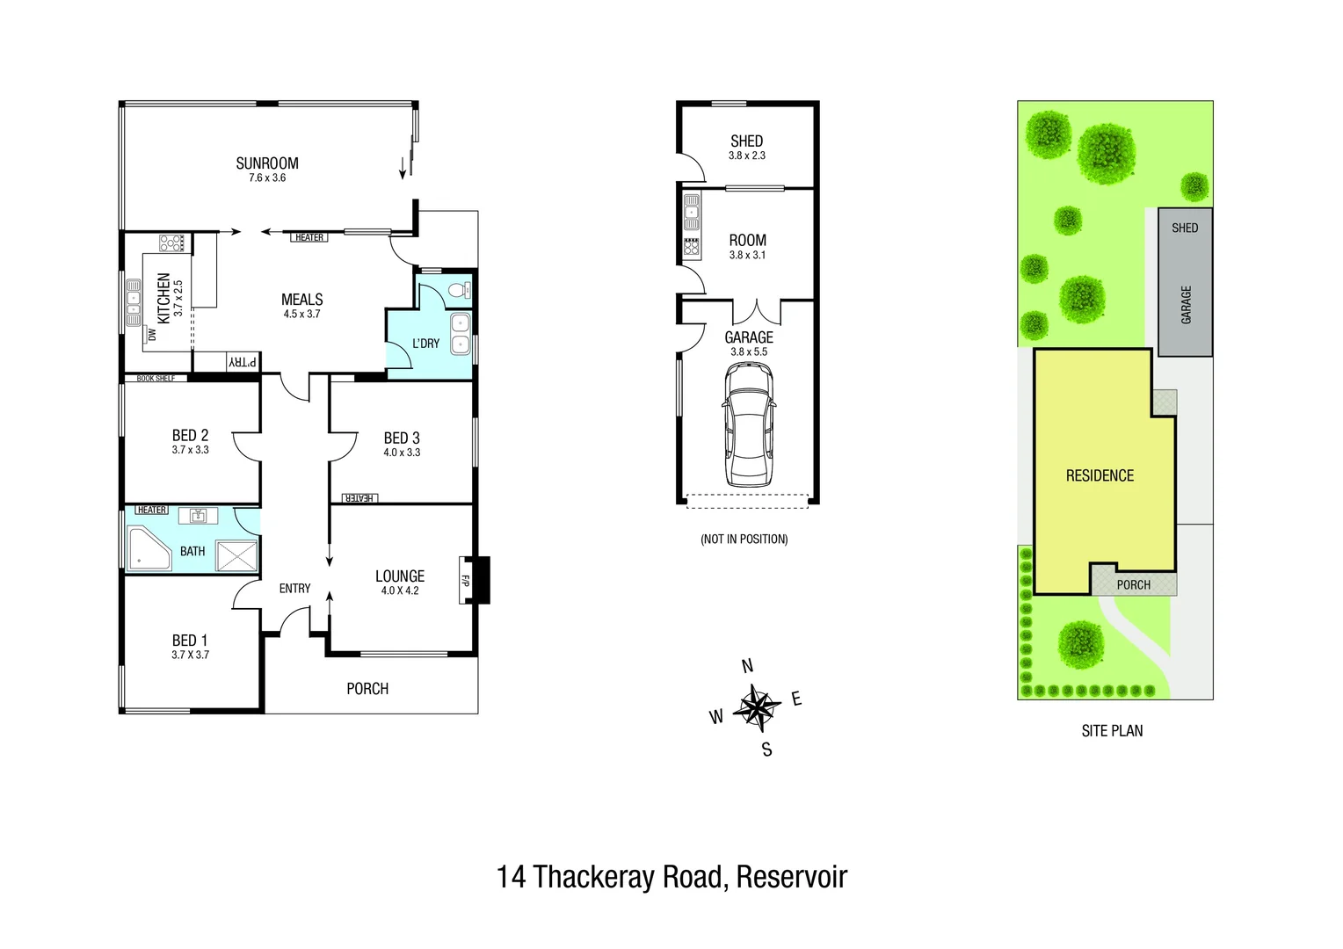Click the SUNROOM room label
point(267,163)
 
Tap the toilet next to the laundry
point(460,291)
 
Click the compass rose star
point(757,708)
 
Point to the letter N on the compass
point(747,666)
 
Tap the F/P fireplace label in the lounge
point(465,580)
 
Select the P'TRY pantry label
point(243,362)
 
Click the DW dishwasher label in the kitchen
point(152,334)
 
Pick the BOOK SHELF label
point(156,378)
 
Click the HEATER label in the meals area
point(309,237)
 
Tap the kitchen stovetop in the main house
point(171,243)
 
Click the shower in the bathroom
point(236,555)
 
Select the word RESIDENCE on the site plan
point(1100,475)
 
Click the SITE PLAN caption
point(1112,731)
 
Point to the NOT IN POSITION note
point(744,539)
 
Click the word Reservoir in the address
point(791,876)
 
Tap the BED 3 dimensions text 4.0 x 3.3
point(402,453)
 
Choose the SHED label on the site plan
point(1185,228)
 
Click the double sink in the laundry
point(461,334)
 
